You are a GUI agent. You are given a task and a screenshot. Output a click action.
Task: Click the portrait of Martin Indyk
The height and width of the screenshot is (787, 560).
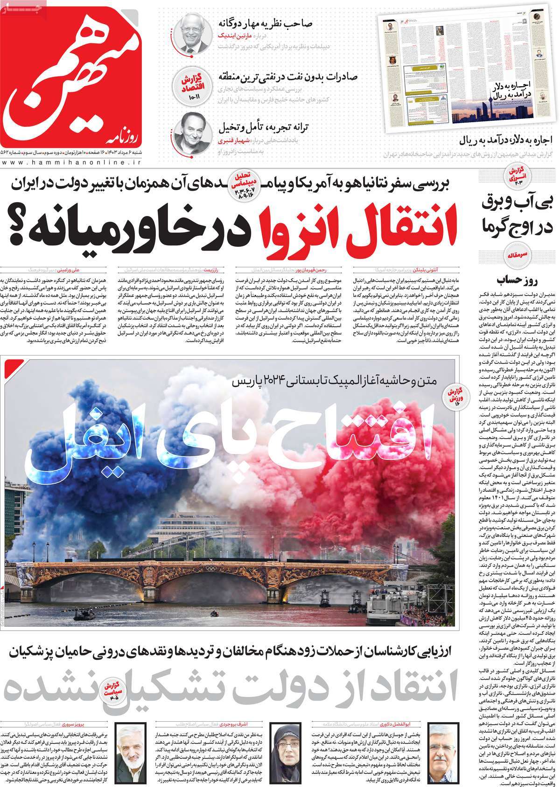192,34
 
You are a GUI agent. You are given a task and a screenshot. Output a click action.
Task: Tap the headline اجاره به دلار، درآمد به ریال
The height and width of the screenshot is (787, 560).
506,139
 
